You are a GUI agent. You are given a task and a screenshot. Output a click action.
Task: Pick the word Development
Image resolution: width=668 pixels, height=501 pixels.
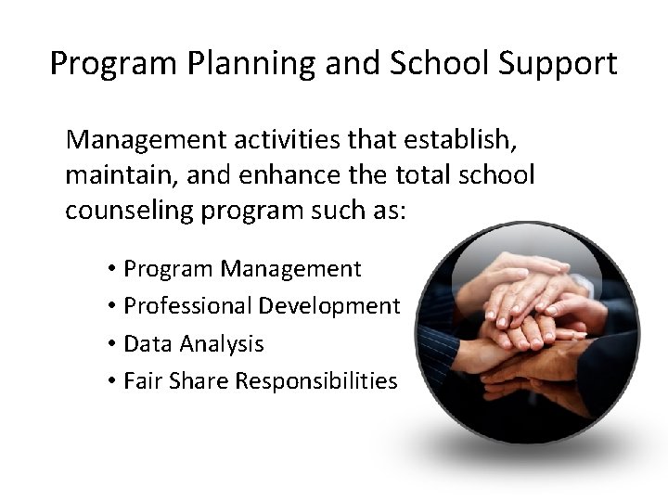[329, 306]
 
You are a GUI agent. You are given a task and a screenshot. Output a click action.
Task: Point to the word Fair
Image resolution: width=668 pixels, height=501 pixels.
[141, 380]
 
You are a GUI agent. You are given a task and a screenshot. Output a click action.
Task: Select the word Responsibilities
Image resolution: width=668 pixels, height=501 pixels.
[317, 380]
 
